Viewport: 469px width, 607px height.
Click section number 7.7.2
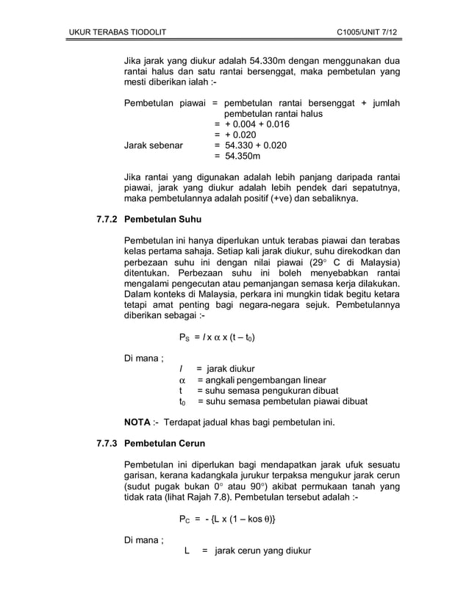tap(104, 220)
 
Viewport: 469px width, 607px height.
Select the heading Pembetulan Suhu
tap(162, 220)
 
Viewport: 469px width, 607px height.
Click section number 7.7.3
tap(104, 444)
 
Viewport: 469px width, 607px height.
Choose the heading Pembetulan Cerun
tap(165, 444)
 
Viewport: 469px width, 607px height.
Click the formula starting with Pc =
tap(228, 520)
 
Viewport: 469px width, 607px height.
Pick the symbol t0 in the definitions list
tap(182, 402)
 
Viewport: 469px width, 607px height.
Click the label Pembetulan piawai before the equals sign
tap(162, 104)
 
